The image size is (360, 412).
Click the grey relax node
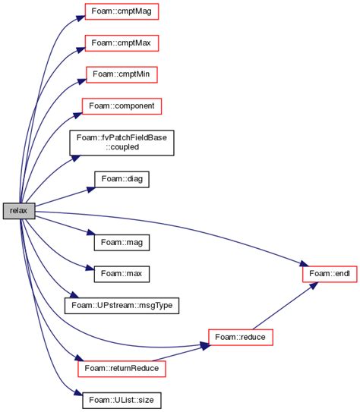click(19, 211)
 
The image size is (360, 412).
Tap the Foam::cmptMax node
click(121, 44)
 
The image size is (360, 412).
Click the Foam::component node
click(122, 105)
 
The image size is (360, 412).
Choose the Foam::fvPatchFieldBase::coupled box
click(122, 142)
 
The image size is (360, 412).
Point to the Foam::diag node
click(122, 180)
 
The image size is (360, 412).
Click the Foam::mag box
click(121, 242)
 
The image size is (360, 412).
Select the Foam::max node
click(121, 270)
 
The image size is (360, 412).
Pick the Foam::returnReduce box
click(122, 366)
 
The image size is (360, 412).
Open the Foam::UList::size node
click(122, 398)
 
